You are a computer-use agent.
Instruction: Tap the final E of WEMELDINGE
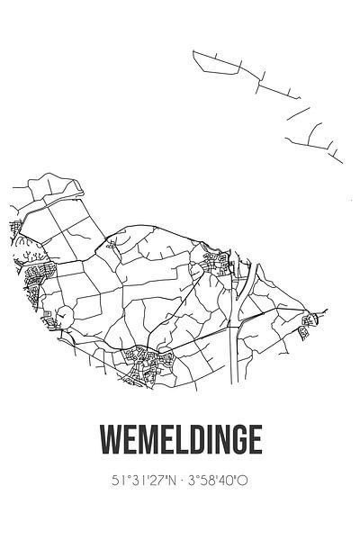click(256, 439)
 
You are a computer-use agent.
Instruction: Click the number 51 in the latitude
click(121, 481)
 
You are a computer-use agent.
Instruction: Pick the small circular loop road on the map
click(65, 315)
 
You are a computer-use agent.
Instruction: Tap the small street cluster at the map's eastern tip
click(310, 324)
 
